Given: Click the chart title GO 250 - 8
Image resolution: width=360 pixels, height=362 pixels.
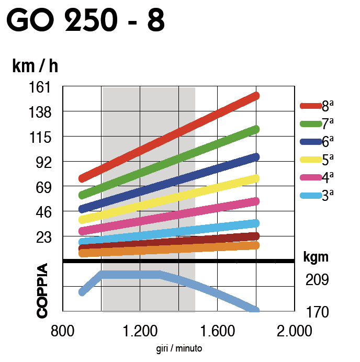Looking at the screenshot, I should pos(86,21).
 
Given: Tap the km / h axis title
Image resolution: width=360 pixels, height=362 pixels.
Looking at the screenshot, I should pos(35,66).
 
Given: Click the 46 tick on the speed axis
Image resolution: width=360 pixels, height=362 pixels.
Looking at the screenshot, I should pos(41,212).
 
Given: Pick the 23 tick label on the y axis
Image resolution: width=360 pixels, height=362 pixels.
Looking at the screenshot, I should pos(41,237).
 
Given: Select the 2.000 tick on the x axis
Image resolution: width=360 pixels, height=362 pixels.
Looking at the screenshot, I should pos(294,331).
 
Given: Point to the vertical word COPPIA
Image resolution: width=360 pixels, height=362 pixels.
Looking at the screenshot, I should pos(42,291).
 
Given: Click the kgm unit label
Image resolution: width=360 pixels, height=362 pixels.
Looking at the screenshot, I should pos(316,257).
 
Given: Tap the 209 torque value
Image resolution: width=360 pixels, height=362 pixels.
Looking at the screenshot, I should pos(317,280).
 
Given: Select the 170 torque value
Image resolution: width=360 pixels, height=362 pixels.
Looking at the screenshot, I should pos(317,312).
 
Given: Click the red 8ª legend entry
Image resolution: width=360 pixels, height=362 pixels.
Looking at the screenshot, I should pos(317,106).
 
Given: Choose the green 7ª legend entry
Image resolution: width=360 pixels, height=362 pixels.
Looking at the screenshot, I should pos(317,124).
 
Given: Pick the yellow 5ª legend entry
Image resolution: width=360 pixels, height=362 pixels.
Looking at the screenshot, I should pos(317,160).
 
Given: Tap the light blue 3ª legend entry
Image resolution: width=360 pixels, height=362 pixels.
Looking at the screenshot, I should pos(317,195).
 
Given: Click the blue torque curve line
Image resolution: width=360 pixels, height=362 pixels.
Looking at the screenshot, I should pos(131,275).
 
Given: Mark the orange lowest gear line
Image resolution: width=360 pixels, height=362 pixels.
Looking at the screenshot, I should pos(167,249).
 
